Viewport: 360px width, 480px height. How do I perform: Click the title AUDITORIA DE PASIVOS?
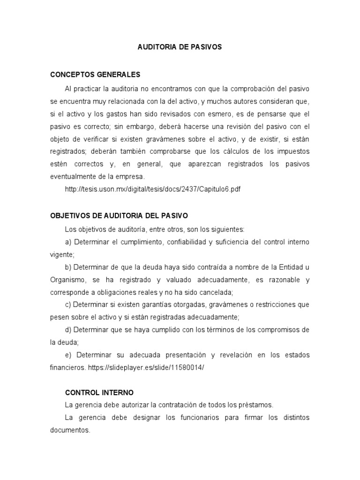coord(180,47)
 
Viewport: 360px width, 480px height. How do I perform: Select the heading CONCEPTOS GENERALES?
coord(95,75)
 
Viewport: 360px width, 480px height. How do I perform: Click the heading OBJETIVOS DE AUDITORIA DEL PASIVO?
coord(119,216)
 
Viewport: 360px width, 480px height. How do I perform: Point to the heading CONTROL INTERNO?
coord(99,392)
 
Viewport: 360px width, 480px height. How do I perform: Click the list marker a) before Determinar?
coord(68,242)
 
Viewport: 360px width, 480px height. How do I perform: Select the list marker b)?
coord(68,267)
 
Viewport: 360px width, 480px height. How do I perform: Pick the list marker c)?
coord(68,304)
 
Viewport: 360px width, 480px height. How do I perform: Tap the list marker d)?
coord(68,330)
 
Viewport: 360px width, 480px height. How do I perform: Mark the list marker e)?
coord(68,355)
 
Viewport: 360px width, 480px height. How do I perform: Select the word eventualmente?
coord(73,177)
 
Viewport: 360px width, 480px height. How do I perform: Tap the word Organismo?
coord(67,280)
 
